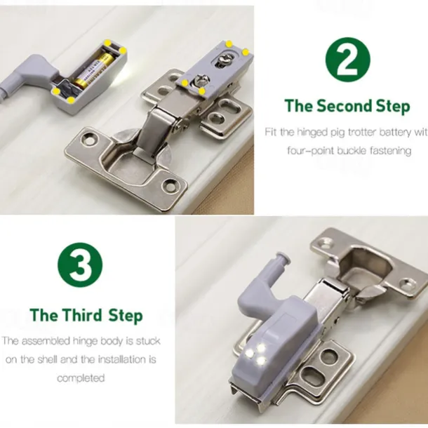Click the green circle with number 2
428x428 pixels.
347,59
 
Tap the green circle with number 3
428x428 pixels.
80,265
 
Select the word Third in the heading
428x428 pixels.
81,314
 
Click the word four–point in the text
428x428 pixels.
314,151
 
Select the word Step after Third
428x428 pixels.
125,314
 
